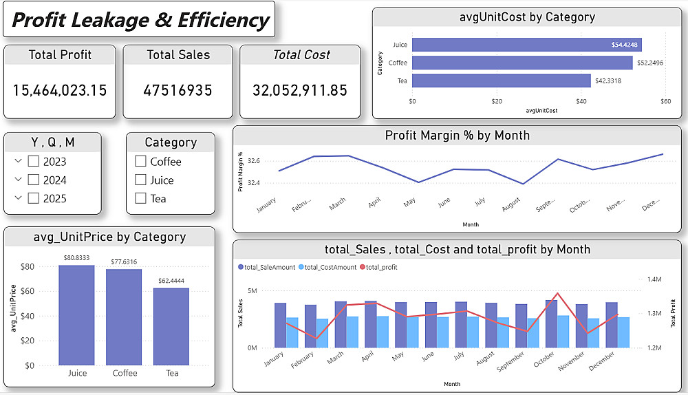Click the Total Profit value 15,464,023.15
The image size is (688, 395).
[60, 90]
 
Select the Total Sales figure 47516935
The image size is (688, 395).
[178, 90]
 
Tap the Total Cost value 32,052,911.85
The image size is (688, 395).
[300, 90]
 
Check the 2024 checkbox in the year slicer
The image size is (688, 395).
[33, 180]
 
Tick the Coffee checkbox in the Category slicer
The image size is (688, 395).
[141, 162]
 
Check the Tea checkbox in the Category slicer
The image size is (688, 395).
[141, 199]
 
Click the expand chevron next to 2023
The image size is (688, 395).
[18, 162]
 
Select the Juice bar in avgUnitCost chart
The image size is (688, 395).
[526, 45]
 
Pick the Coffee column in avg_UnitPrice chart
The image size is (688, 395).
[124, 317]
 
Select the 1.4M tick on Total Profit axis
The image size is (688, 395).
[653, 279]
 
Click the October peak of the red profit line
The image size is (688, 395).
[557, 294]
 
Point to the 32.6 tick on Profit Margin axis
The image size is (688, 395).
[254, 161]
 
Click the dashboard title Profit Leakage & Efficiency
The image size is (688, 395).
[140, 20]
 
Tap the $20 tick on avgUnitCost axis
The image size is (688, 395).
[497, 102]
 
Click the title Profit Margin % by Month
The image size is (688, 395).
[457, 136]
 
